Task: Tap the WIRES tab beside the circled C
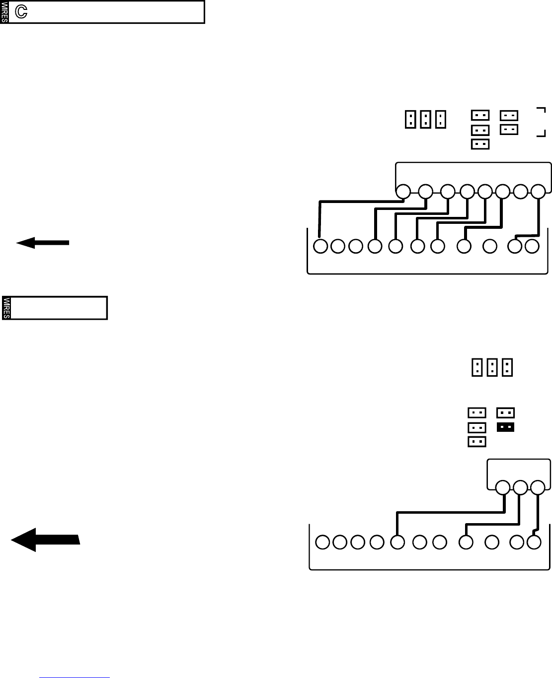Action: click(4, 12)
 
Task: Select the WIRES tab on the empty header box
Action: click(6, 308)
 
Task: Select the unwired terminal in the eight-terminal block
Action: click(521, 191)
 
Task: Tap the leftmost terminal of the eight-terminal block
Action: click(403, 191)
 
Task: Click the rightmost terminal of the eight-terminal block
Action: click(539, 191)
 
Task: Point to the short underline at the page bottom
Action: click(75, 677)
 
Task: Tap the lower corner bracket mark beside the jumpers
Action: click(542, 133)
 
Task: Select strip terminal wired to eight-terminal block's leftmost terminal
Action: click(321, 246)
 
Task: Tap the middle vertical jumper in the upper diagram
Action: click(425, 119)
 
